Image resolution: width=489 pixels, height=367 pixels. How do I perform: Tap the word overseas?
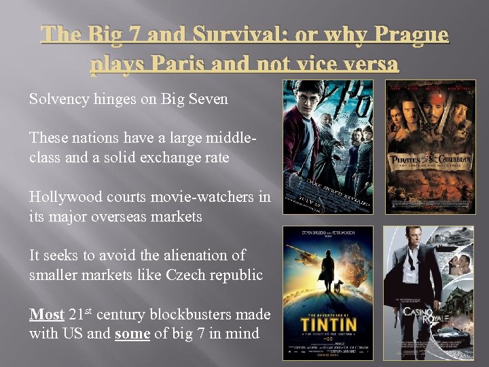point(142,216)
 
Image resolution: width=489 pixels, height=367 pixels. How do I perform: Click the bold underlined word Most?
point(46,315)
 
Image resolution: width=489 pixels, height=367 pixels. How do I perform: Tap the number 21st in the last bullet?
point(83,314)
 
